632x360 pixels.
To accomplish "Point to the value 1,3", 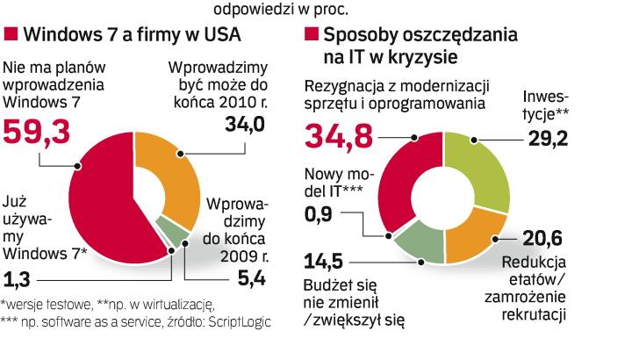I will (19, 280).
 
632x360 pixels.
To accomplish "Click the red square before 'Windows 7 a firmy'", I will (12, 35).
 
